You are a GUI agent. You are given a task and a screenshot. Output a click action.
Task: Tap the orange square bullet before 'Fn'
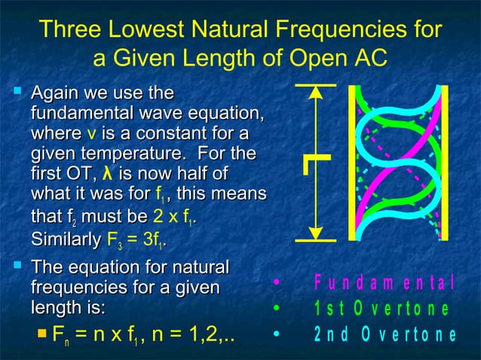42,333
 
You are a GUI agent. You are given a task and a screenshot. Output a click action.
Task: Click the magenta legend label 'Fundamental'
384,284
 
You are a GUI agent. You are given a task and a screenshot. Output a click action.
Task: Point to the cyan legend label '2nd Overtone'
384,335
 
